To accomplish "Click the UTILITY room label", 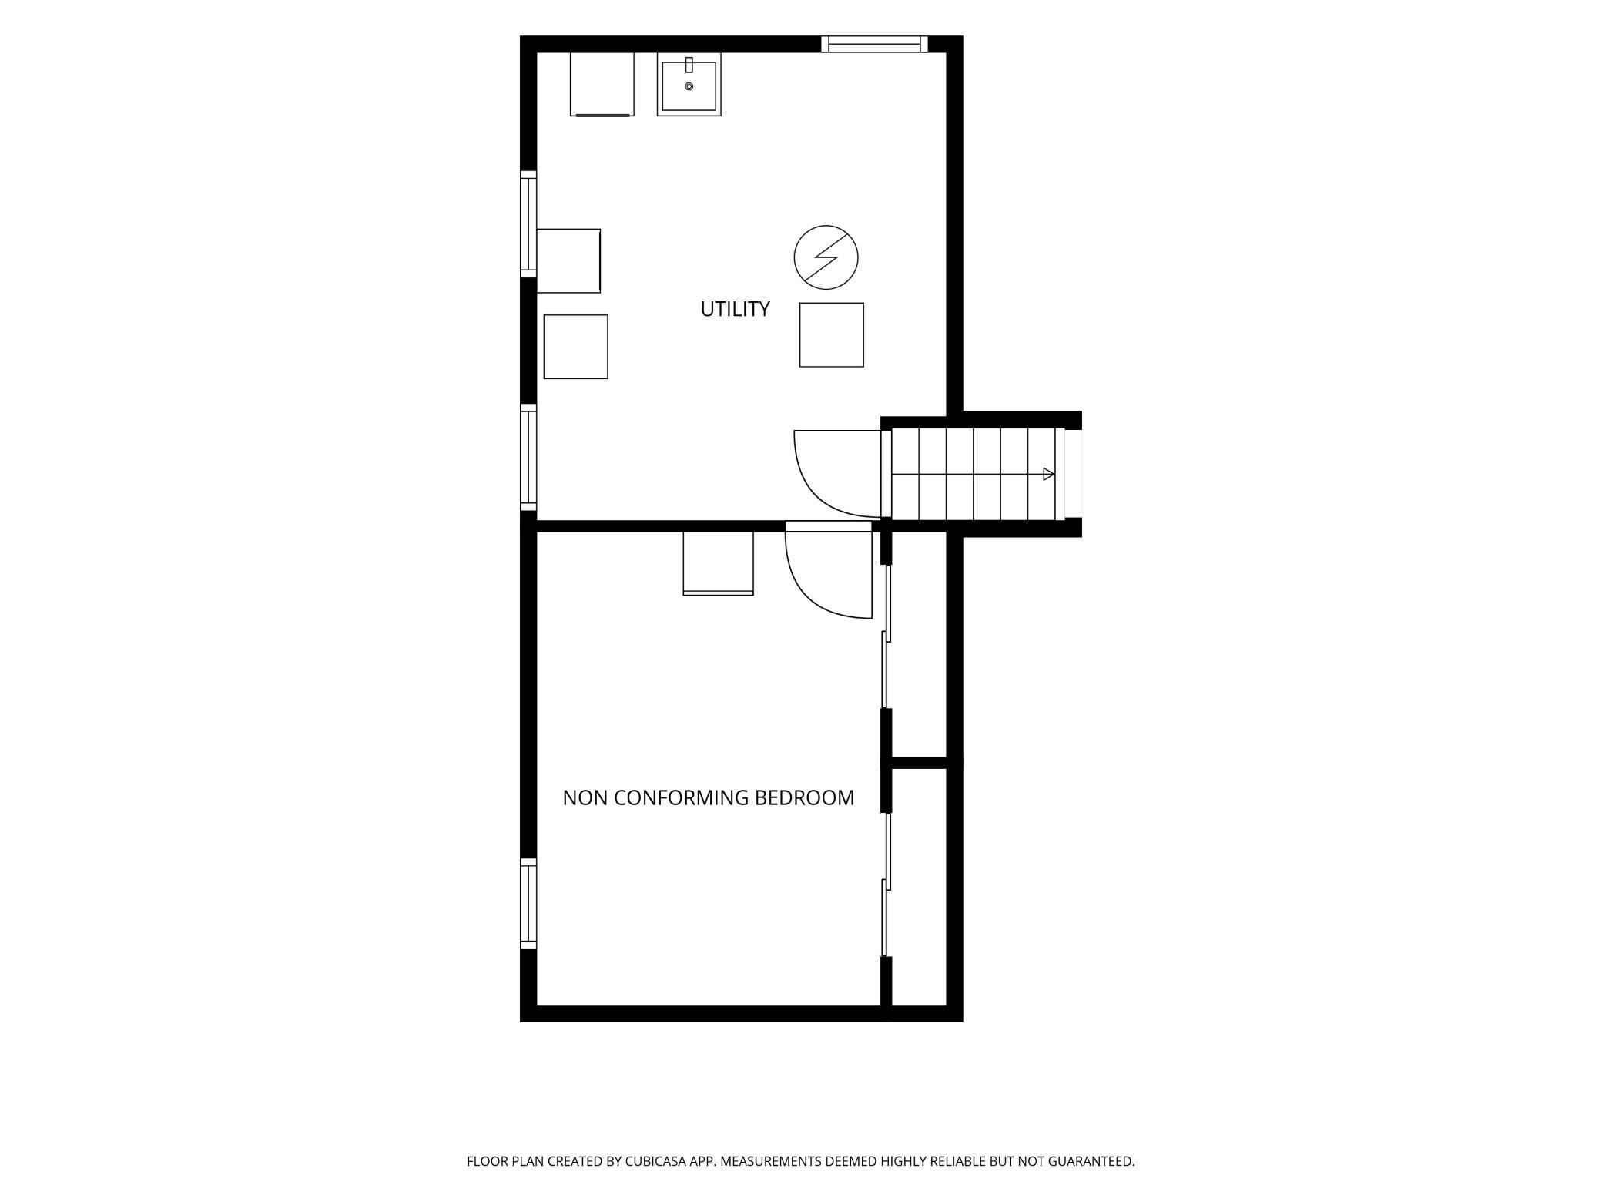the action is (x=735, y=309).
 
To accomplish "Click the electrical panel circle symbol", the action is (x=826, y=257).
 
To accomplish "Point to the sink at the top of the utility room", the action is (x=689, y=84).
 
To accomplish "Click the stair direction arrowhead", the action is (x=1048, y=474).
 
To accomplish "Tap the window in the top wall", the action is (x=874, y=44).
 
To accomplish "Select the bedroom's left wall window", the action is (x=528, y=904).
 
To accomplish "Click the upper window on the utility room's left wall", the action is (x=528, y=224).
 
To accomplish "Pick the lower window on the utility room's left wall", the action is (x=528, y=457).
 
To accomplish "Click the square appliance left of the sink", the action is (x=602, y=84).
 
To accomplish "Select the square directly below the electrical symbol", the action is (x=832, y=334).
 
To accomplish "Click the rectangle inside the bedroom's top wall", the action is (x=718, y=563).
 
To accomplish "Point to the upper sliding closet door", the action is (x=886, y=636).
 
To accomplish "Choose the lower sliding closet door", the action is (x=886, y=885).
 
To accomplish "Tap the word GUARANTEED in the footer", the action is (x=1091, y=1161).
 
